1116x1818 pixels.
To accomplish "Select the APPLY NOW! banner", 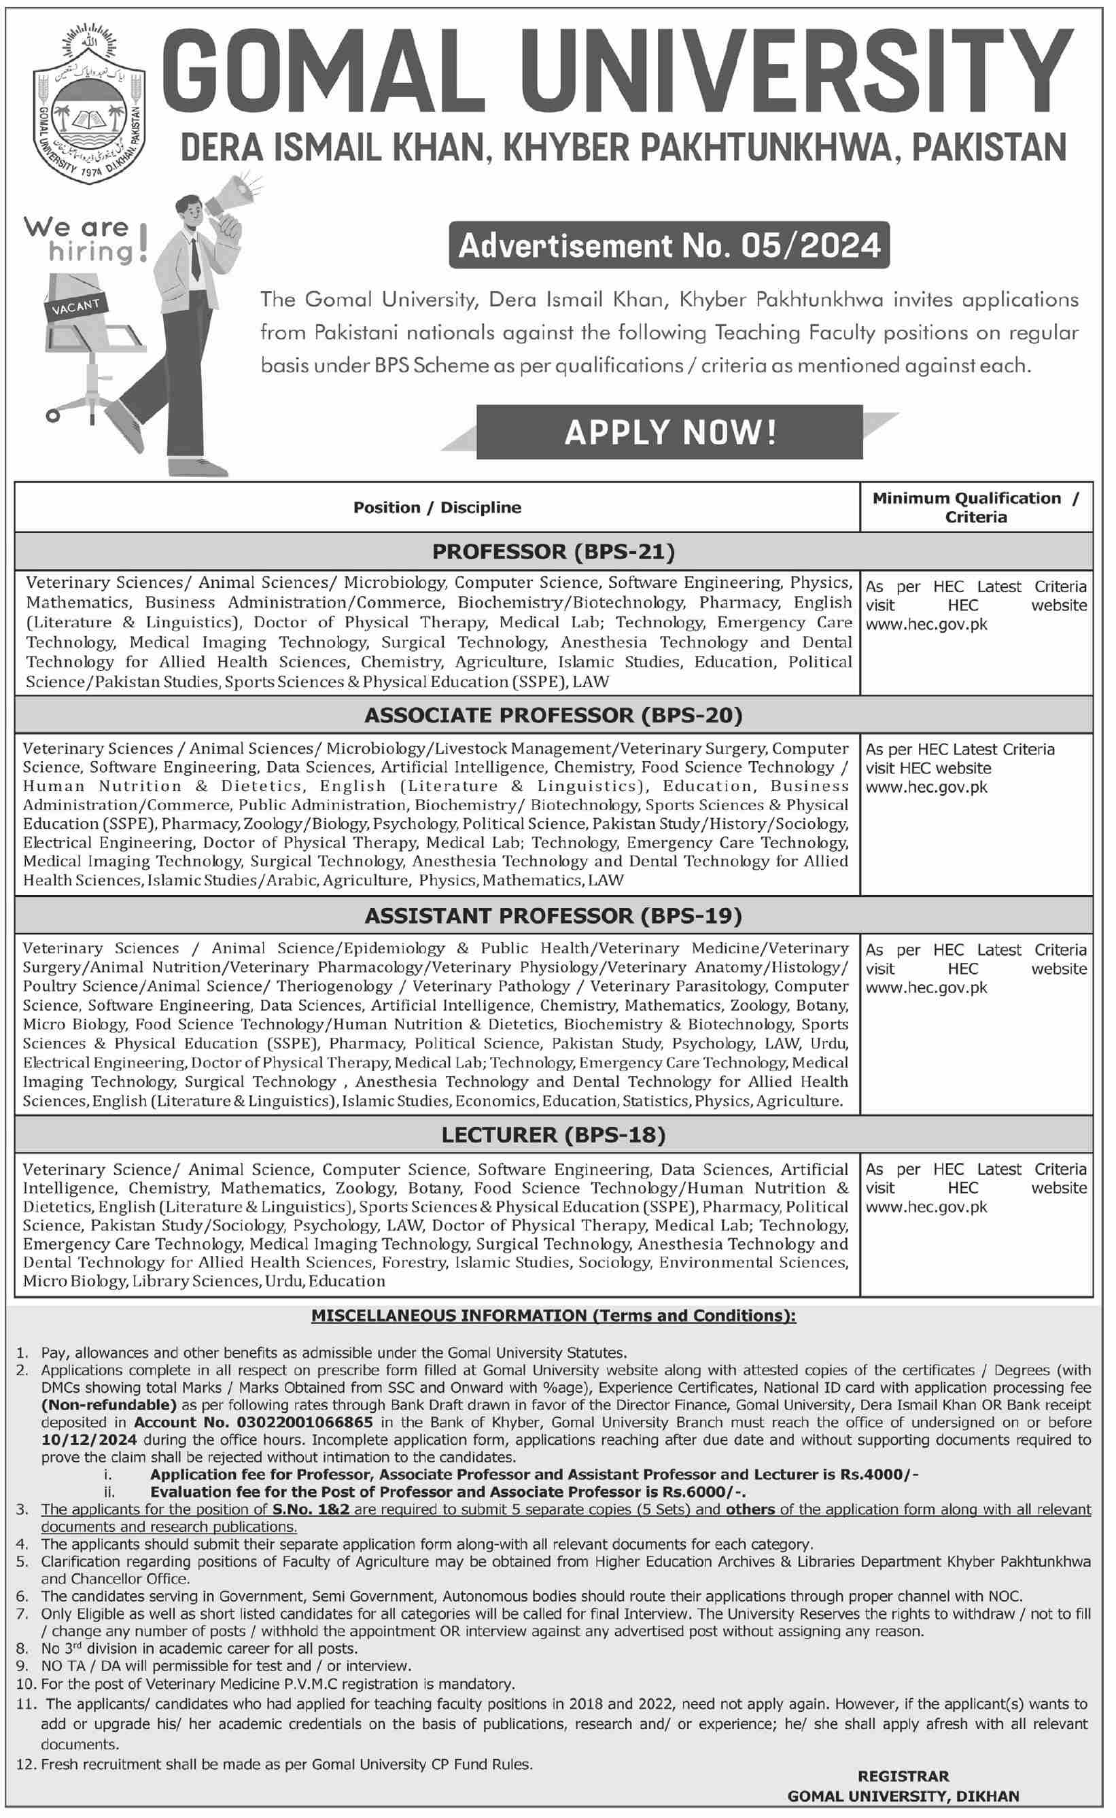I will [x=669, y=432].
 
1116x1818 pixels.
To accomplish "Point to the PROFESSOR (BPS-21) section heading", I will [x=553, y=551].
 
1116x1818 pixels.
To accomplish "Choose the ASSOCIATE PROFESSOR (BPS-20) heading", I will [x=553, y=714].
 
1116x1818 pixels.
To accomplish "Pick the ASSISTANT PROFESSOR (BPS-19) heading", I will [x=553, y=915].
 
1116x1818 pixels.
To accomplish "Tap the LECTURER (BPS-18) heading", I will [x=553, y=1135].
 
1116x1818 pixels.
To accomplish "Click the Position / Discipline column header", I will [x=437, y=508].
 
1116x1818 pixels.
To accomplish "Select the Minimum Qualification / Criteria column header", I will [x=976, y=508].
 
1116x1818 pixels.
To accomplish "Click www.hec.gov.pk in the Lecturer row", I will [x=926, y=1207].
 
